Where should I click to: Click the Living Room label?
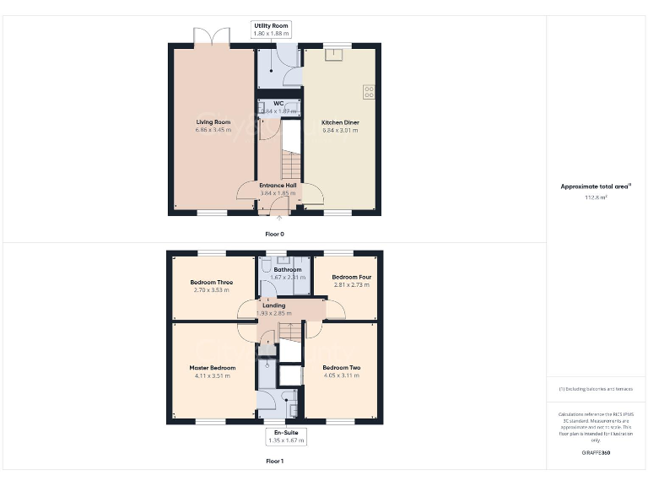pyautogui.click(x=213, y=122)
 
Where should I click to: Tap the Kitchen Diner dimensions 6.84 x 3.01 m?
pyautogui.click(x=341, y=131)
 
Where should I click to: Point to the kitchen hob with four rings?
pyautogui.click(x=369, y=90)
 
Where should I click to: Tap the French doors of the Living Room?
pyautogui.click(x=212, y=38)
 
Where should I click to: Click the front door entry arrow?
pyautogui.click(x=280, y=219)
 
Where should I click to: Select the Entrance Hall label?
pyautogui.click(x=278, y=186)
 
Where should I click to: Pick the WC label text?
pyautogui.click(x=278, y=104)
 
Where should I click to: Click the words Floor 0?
pyautogui.click(x=274, y=232)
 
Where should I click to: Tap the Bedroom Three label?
pyautogui.click(x=212, y=283)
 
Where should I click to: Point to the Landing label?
pyautogui.click(x=273, y=305)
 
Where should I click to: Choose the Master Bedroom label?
pyautogui.click(x=212, y=368)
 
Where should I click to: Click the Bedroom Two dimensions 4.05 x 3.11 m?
pyautogui.click(x=342, y=375)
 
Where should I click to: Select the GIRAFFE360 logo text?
pyautogui.click(x=596, y=453)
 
